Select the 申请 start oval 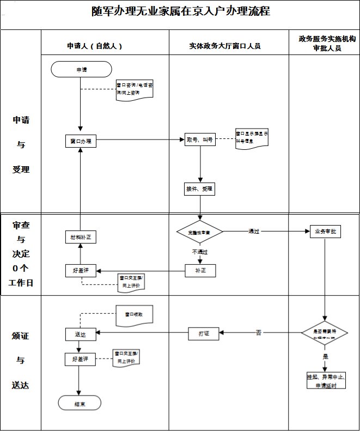[81, 69]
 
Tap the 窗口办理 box [81, 141]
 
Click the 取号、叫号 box [200, 140]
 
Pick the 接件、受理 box [200, 189]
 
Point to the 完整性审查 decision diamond [200, 232]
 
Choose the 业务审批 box [325, 232]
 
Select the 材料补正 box [81, 238]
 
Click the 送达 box [80, 333]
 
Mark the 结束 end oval [80, 403]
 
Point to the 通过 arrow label [254, 232]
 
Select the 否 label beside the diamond [259, 332]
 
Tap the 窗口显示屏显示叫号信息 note [251, 138]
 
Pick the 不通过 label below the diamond [199, 252]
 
